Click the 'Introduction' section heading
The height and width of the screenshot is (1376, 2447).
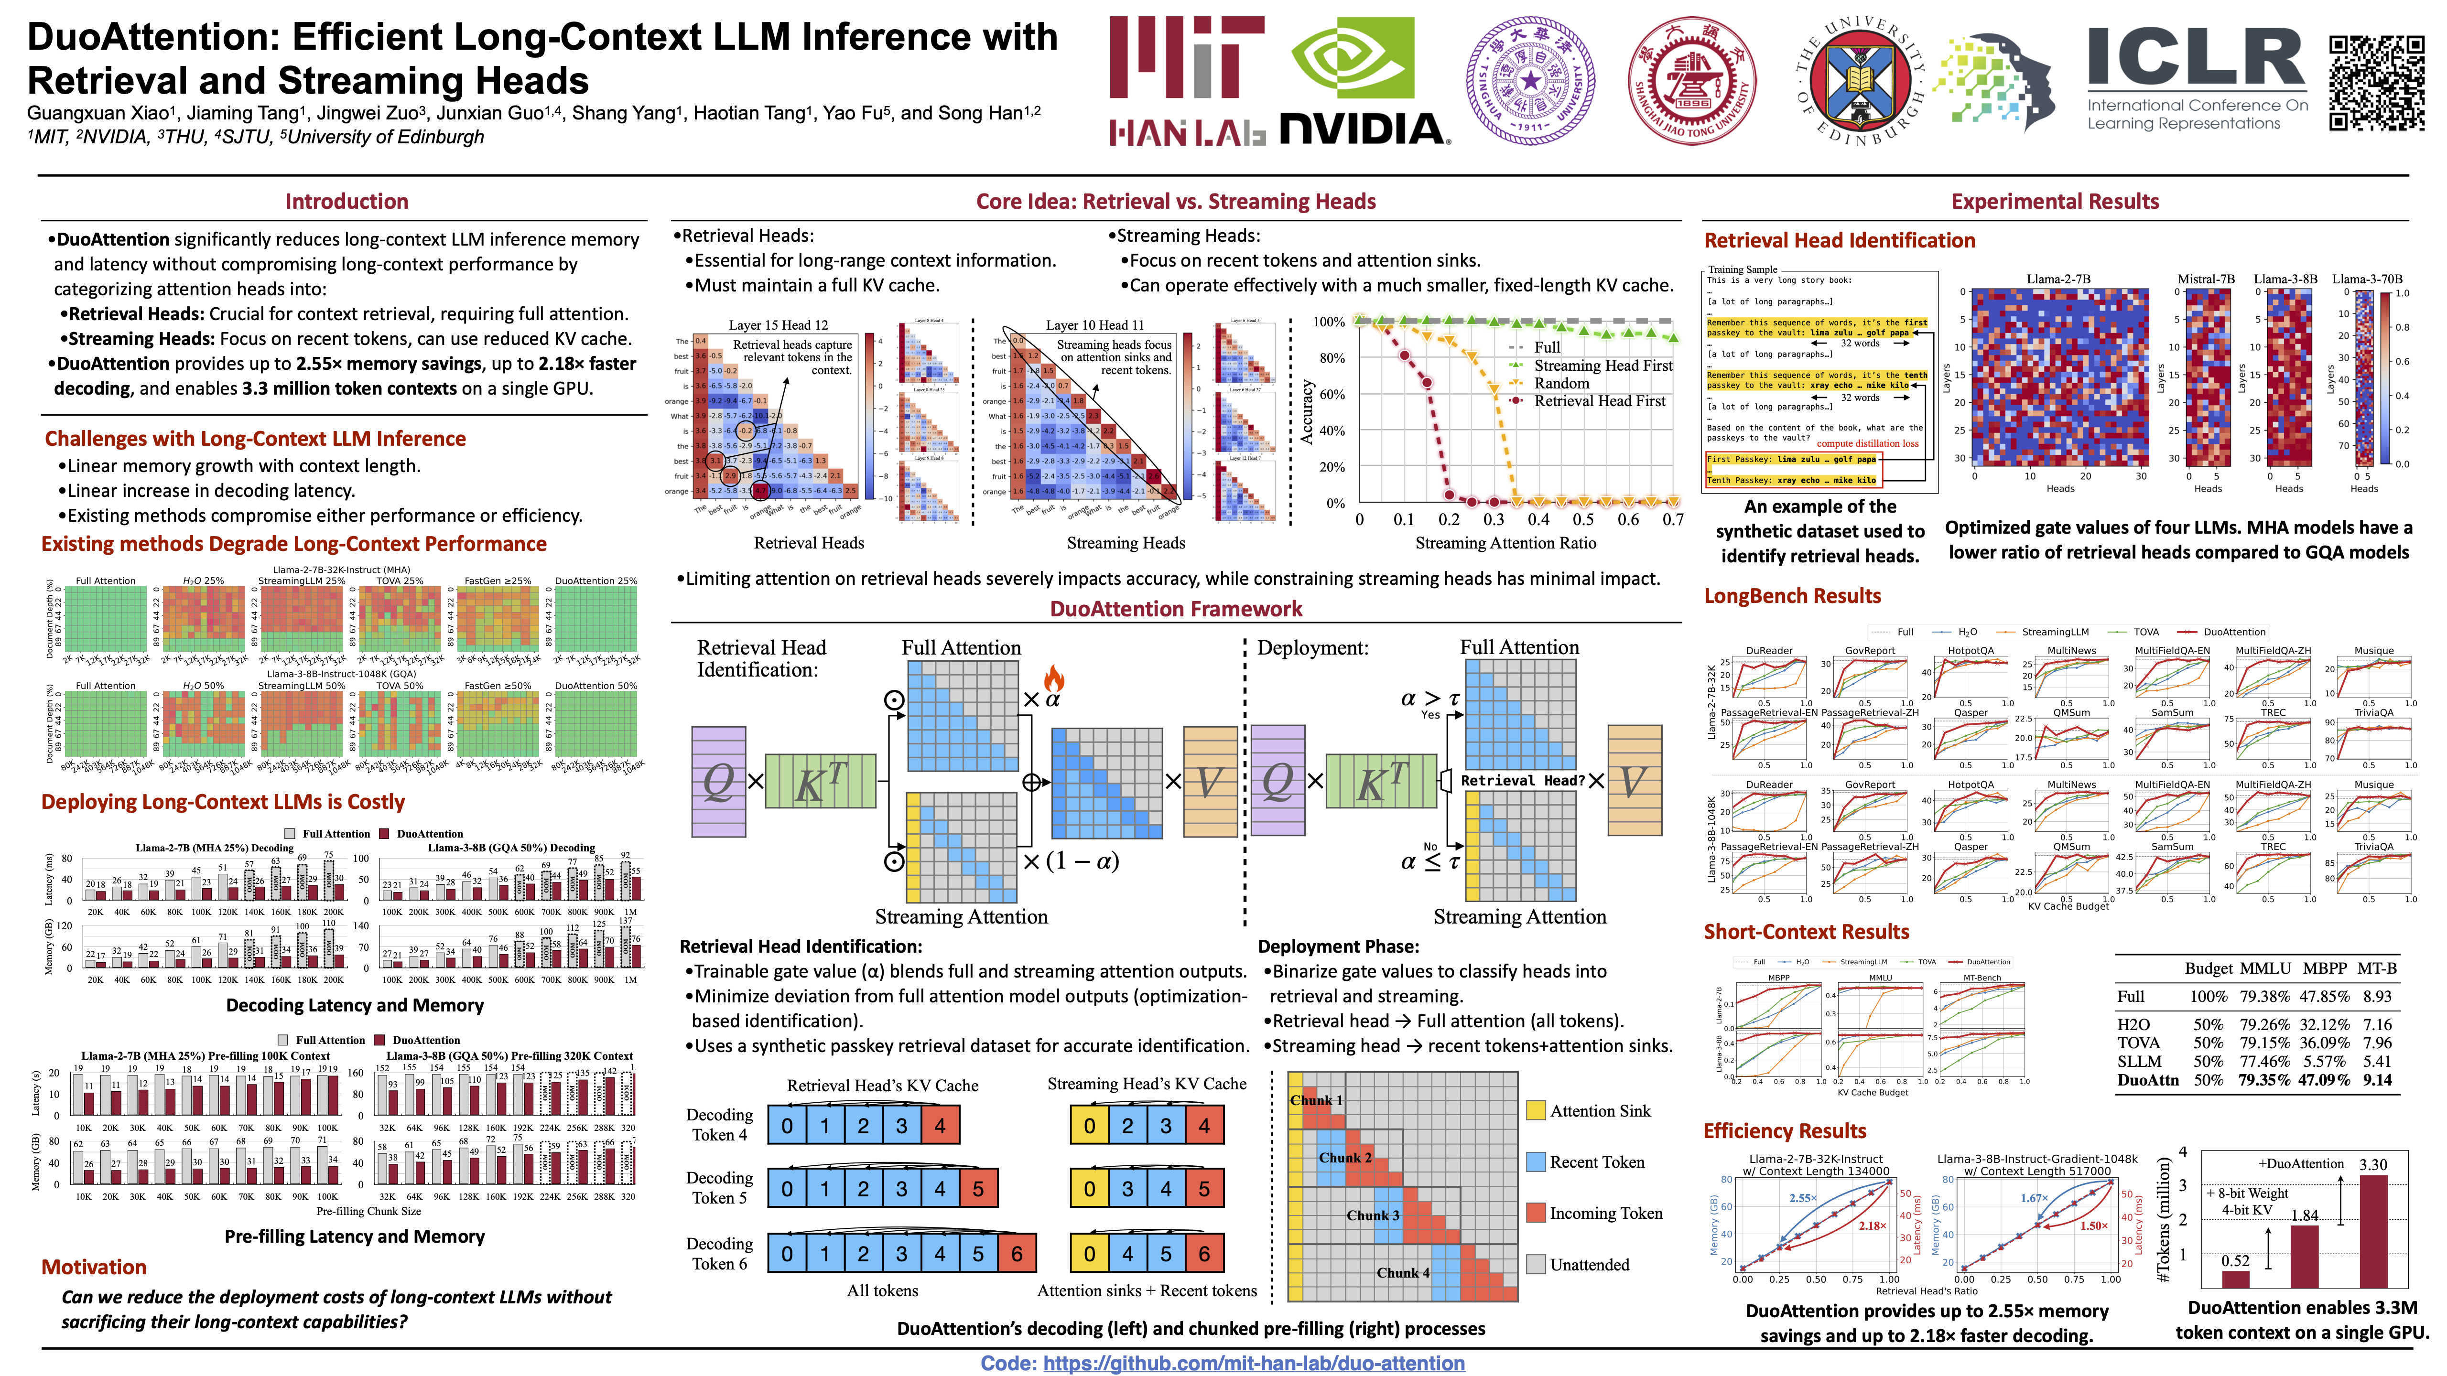click(346, 201)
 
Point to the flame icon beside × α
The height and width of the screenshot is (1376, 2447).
click(1053, 678)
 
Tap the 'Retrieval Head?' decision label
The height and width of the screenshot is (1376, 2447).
click(1523, 781)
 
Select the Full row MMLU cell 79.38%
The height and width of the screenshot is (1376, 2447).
click(2264, 996)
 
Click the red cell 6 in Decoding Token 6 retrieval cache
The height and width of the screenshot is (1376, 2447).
click(1017, 1254)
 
